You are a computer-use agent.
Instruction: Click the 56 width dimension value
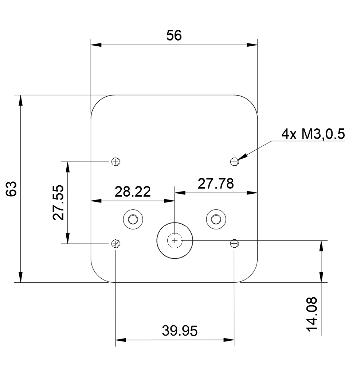174,35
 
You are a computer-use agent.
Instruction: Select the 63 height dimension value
11,189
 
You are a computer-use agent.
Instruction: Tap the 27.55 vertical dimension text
59,202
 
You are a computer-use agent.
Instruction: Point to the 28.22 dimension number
133,192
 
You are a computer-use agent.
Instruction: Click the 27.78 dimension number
216,184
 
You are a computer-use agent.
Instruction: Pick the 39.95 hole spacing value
180,331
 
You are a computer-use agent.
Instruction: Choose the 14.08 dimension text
312,314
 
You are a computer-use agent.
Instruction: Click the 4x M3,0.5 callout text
313,134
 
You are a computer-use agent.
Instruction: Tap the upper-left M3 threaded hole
116,162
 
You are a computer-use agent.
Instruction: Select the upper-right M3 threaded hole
234,162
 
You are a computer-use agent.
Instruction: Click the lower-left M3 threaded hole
116,244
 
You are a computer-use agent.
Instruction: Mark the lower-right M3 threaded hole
234,244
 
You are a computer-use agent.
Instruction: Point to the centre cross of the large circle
175,240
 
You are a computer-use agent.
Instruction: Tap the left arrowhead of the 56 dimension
96,45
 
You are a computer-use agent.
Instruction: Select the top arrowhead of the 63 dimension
21,100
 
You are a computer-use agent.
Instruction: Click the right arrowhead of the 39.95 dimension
229,340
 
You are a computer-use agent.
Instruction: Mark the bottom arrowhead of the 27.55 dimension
68,239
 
